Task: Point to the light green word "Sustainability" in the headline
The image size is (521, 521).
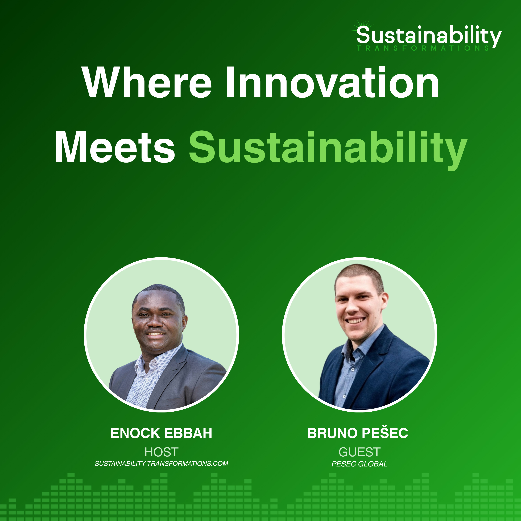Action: (x=328, y=148)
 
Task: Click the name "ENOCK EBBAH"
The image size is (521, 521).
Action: (x=161, y=433)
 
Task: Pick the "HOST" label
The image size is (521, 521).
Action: (x=161, y=452)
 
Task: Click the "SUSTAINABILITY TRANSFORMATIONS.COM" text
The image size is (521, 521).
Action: (x=161, y=464)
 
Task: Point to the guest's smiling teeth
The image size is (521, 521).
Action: (x=356, y=321)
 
